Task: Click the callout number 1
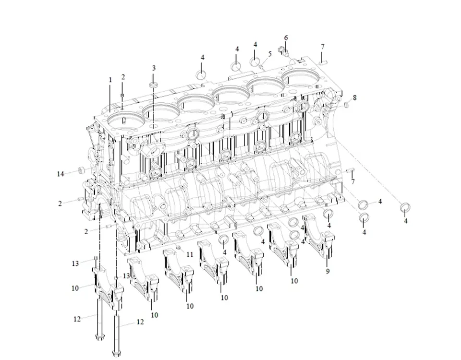[110, 80]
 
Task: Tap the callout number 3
[154, 68]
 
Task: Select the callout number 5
[270, 54]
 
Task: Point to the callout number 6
[286, 37]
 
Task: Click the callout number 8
[354, 97]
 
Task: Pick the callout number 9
[328, 271]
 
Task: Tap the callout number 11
[190, 254]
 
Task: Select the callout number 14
[61, 174]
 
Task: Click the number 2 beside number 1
[123, 77]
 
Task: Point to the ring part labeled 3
[154, 85]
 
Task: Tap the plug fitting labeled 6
[284, 48]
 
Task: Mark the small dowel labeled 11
[178, 248]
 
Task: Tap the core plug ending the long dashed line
[406, 207]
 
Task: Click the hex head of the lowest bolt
[116, 354]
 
